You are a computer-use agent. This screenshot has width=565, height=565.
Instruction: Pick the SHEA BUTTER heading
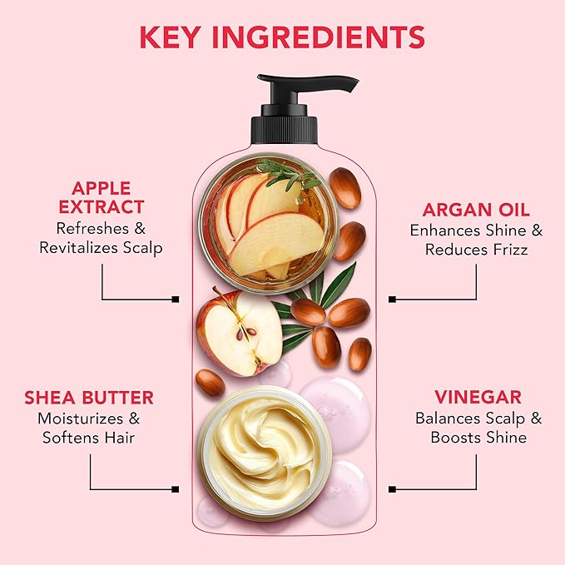point(90,398)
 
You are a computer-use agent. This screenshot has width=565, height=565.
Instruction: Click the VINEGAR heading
point(478,397)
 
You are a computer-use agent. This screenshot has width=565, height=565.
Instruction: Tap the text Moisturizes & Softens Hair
point(90,428)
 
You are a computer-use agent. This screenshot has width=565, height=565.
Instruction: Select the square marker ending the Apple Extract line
point(175,299)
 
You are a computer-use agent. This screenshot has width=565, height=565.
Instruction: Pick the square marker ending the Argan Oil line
point(392,299)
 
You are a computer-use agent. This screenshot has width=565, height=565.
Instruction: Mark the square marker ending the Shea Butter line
point(175,488)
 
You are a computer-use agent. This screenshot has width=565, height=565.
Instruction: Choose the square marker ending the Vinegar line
point(392,488)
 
